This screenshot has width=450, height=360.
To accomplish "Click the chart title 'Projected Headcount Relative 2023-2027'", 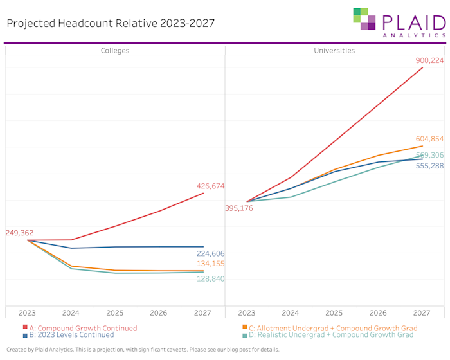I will (111, 24).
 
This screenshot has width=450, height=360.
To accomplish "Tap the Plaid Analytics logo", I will (399, 23).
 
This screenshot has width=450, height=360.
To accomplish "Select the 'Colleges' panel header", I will (114, 50).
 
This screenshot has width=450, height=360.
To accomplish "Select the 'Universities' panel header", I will (334, 50).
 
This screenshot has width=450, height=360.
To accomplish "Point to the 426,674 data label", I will (210, 186).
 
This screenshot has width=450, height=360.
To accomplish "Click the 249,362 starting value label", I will (19, 233).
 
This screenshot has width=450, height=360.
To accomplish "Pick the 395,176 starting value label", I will (239, 208).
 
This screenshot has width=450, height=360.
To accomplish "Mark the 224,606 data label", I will (210, 253).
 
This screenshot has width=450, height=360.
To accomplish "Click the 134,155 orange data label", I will (210, 264).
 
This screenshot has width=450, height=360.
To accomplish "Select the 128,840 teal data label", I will (210, 279).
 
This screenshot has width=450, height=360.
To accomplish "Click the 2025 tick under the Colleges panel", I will (114, 312).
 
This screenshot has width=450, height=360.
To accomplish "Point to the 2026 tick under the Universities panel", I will (378, 312).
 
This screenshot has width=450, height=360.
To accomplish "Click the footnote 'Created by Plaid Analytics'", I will (143, 350).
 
